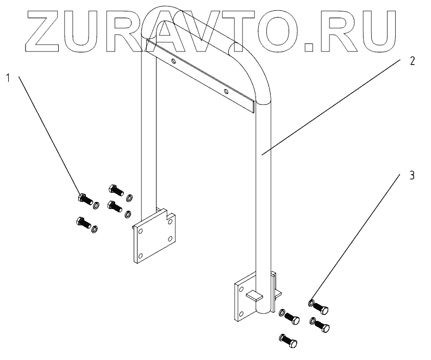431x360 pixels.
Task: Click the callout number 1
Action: point(8,78)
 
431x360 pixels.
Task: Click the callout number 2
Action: point(412,61)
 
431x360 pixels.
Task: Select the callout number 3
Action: point(412,175)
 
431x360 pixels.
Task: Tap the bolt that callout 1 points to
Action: point(85,199)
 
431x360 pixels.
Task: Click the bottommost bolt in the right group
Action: point(288,340)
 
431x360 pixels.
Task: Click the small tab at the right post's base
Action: point(254,295)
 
